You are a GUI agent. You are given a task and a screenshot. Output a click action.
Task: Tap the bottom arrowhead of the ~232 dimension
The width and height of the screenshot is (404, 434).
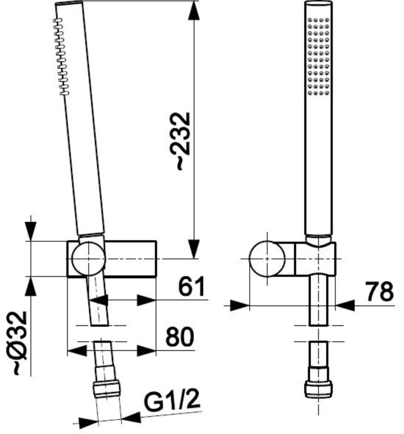click(x=194, y=249)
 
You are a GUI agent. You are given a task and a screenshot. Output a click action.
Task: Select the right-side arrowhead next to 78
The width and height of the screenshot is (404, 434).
click(x=345, y=305)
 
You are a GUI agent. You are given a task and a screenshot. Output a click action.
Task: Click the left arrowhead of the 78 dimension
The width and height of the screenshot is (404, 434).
click(x=240, y=305)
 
